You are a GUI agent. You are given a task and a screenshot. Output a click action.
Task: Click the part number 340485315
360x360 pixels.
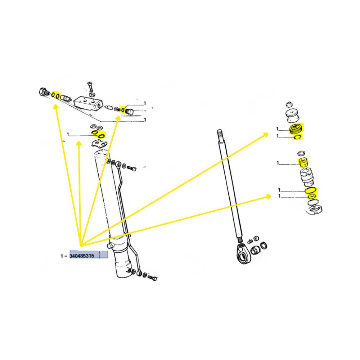pyautogui.click(x=82, y=256)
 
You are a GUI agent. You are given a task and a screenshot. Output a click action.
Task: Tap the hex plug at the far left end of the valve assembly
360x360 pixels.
pyautogui.click(x=42, y=92)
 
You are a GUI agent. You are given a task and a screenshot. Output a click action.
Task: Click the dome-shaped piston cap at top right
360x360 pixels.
pyautogui.click(x=292, y=116)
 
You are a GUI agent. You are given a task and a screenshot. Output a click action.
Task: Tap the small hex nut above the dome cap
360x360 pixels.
pyautogui.click(x=289, y=104)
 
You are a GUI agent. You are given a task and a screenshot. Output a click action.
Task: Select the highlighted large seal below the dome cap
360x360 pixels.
pyautogui.click(x=296, y=129)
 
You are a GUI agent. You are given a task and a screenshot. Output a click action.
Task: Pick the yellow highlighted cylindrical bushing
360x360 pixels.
pyautogui.click(x=303, y=162)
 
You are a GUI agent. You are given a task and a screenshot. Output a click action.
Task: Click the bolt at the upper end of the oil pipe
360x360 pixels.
pyautogui.click(x=131, y=168)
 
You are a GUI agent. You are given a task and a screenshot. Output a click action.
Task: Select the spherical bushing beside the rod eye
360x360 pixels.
pyautogui.click(x=255, y=250)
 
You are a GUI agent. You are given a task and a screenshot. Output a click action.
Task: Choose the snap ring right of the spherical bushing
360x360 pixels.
pyautogui.click(x=264, y=245)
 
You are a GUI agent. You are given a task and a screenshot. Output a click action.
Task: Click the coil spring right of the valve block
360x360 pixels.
pyautogui.click(x=117, y=109)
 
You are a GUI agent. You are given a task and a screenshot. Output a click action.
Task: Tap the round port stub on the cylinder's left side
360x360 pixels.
pyautogui.click(x=110, y=246)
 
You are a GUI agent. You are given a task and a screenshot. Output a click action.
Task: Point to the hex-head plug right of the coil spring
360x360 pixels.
pyautogui.click(x=129, y=112)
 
